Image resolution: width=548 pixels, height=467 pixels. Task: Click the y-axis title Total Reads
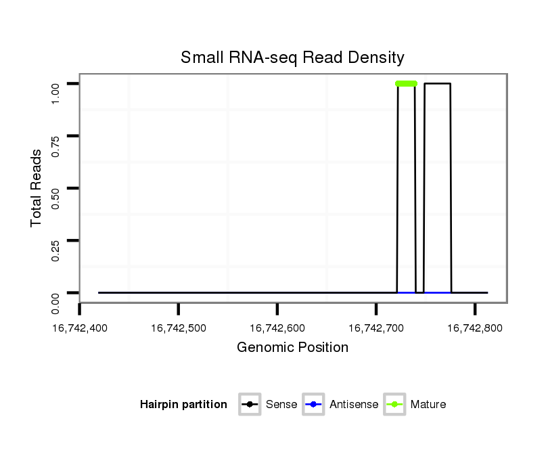pos(37,188)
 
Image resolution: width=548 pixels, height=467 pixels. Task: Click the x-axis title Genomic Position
pos(292,348)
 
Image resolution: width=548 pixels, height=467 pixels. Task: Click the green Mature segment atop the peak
pos(406,83)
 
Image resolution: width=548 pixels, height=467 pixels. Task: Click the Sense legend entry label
pos(281,405)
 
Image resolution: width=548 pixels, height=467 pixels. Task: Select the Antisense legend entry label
pos(354,405)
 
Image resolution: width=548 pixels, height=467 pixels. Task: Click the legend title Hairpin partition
pos(183,405)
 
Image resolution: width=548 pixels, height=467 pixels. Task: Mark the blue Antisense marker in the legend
pos(315,405)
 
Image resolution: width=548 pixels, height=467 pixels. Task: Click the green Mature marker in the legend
pos(394,405)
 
